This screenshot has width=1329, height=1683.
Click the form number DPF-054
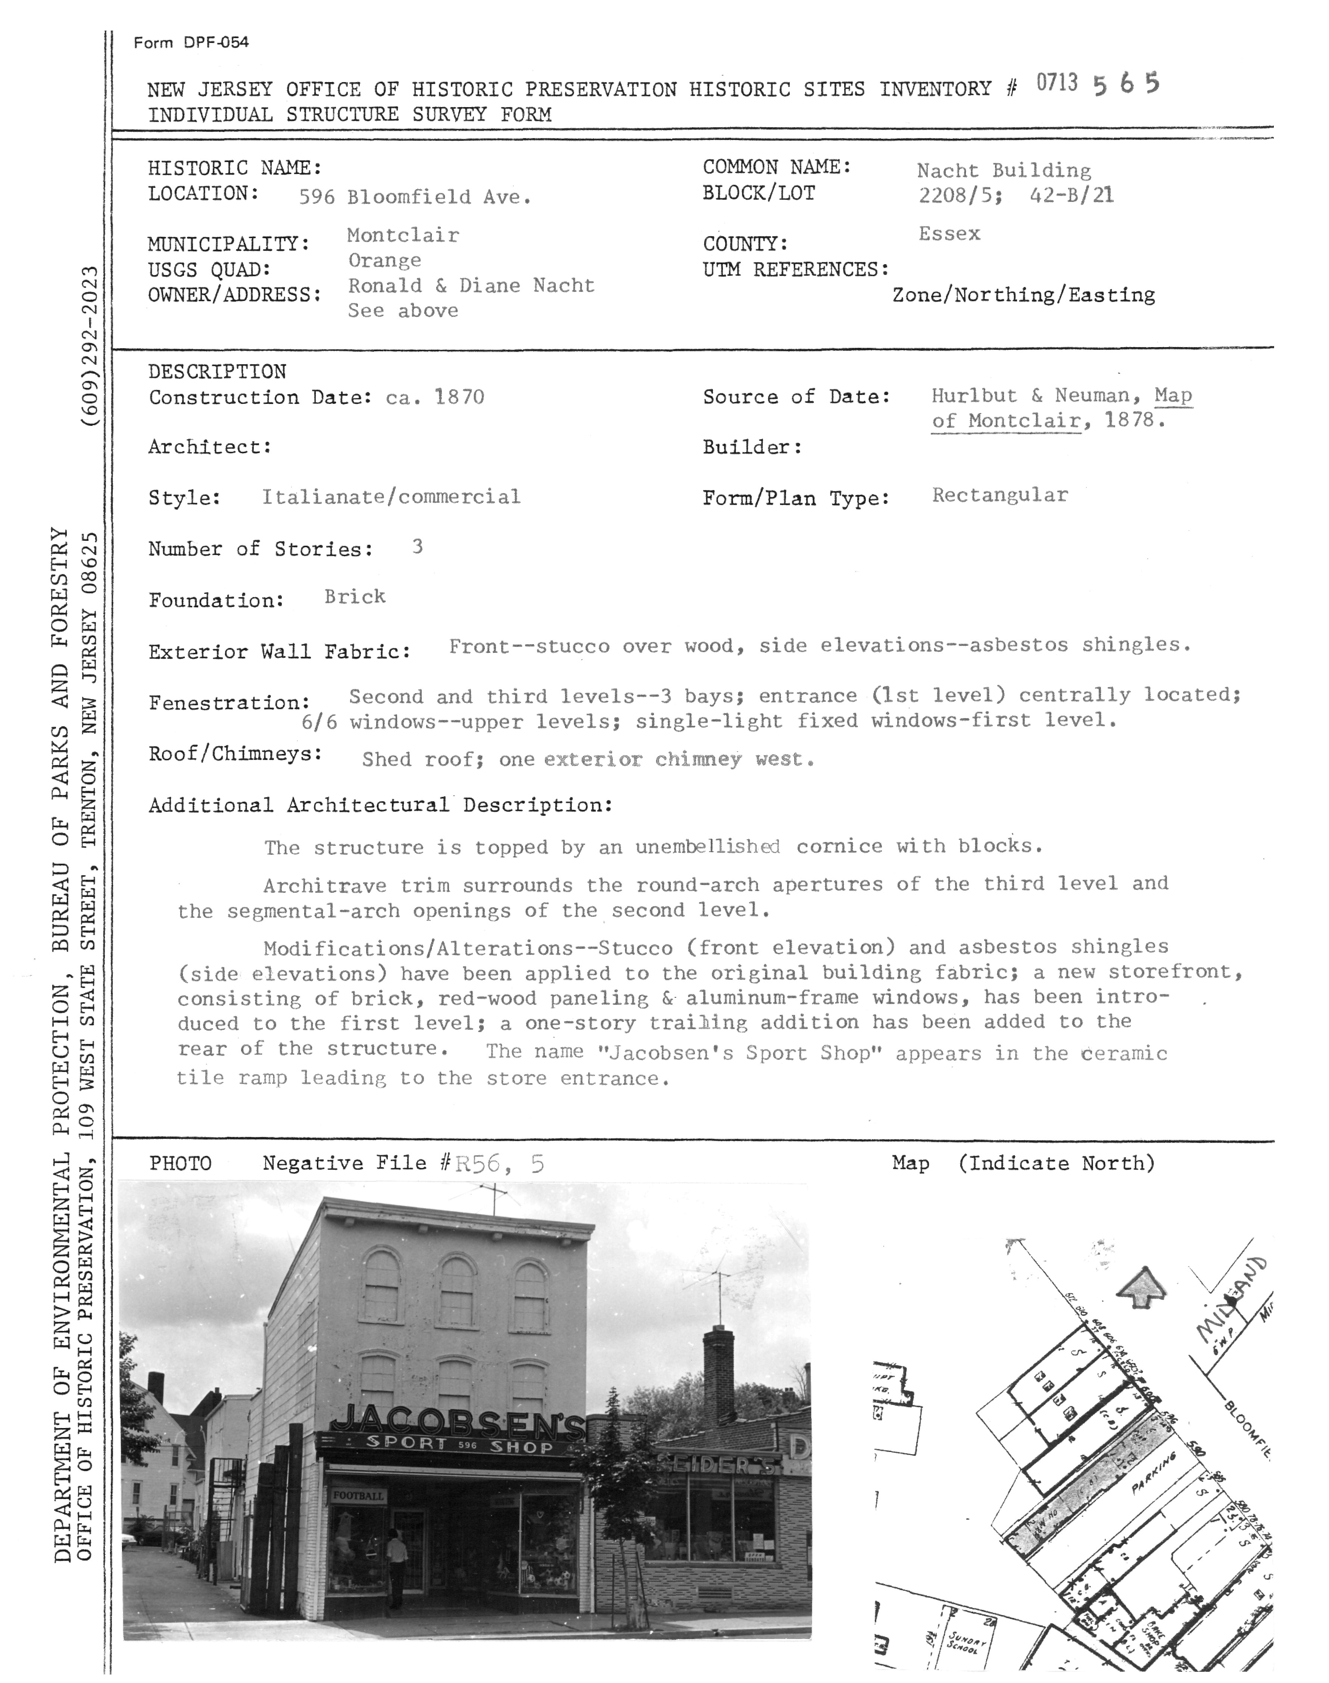pyautogui.click(x=216, y=43)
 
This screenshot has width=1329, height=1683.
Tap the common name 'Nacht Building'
pyautogui.click(x=1004, y=171)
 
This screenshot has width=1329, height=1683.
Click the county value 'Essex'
pyautogui.click(x=949, y=233)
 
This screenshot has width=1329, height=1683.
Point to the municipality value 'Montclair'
pyautogui.click(x=403, y=235)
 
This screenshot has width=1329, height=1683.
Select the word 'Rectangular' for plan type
pyautogui.click(x=1000, y=495)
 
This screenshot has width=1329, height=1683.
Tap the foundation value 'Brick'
pyautogui.click(x=355, y=597)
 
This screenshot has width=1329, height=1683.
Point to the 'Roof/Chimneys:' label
pyautogui.click(x=235, y=754)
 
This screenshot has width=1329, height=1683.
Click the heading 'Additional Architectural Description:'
pyautogui.click(x=381, y=805)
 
